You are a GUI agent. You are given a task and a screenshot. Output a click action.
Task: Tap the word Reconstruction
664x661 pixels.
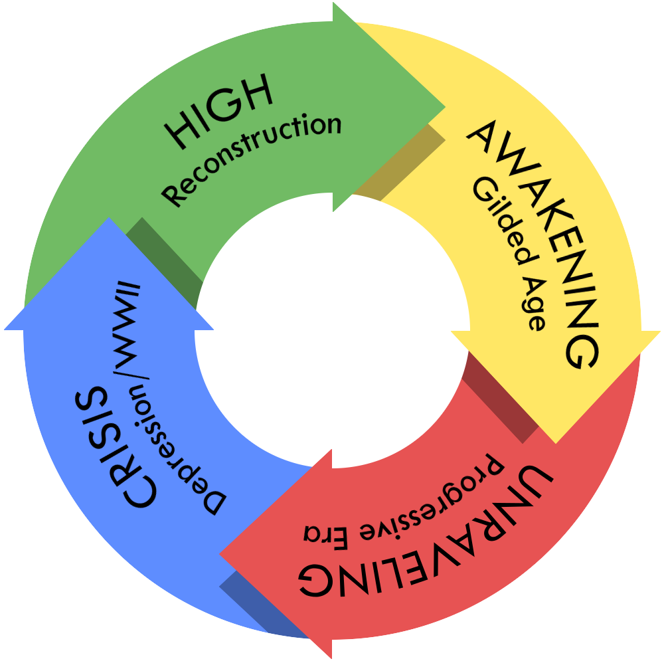pyautogui.click(x=253, y=159)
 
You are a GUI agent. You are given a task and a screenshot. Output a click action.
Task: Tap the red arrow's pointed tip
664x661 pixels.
pyautogui.click(x=222, y=553)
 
